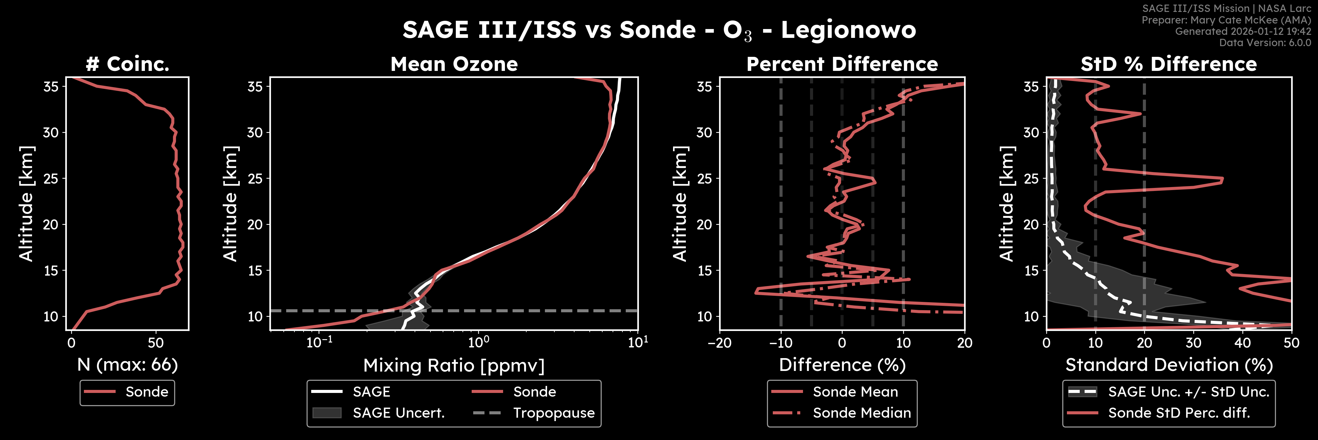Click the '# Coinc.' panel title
point(128,64)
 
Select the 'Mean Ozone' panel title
point(454,64)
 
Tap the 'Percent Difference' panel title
point(842,64)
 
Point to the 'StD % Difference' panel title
point(1169,64)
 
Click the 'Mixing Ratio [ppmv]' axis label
point(454,365)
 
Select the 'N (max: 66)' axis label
point(128,365)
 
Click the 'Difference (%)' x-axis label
point(842,365)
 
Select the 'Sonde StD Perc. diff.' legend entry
point(1179,413)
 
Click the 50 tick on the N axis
point(156,343)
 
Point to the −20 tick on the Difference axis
point(719,343)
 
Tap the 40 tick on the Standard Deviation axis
point(1242,343)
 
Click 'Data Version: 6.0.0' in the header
point(1265,42)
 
